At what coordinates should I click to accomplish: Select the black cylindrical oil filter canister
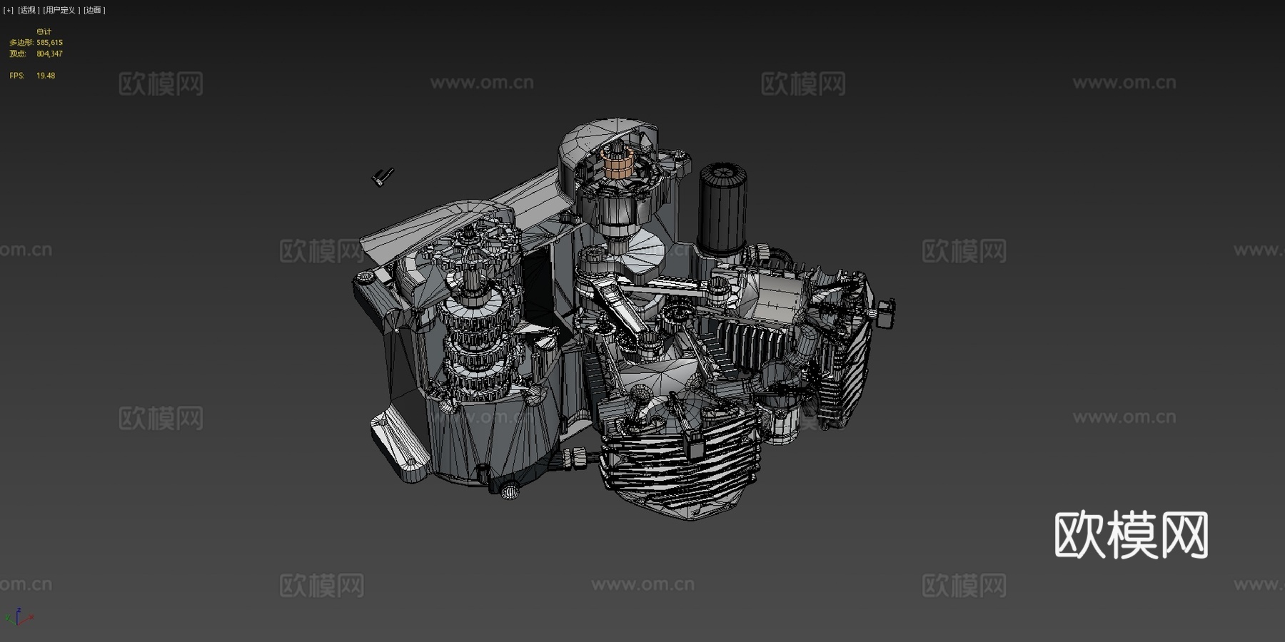722,209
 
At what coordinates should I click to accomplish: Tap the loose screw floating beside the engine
383,175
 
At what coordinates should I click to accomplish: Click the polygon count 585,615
49,43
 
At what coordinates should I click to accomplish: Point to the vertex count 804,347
49,54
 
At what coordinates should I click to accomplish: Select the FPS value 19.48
46,76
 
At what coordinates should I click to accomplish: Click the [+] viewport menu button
9,10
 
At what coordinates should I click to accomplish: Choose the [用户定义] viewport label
60,10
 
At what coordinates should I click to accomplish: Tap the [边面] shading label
94,10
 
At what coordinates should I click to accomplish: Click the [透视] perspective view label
28,10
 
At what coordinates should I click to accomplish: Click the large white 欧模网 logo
1131,535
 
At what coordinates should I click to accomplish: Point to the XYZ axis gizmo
19,616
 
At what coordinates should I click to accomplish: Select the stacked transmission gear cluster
475,335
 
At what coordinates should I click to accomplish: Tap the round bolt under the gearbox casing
510,491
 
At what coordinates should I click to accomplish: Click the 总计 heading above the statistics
44,32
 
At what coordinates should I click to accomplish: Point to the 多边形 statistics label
21,43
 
